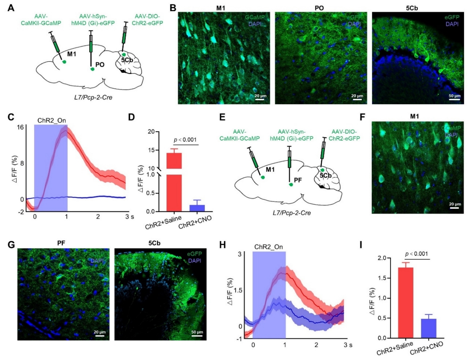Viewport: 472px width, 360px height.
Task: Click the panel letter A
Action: click(11, 7)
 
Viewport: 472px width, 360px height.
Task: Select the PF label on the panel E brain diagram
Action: click(298, 179)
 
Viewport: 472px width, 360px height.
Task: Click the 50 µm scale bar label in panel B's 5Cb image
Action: click(454, 96)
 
